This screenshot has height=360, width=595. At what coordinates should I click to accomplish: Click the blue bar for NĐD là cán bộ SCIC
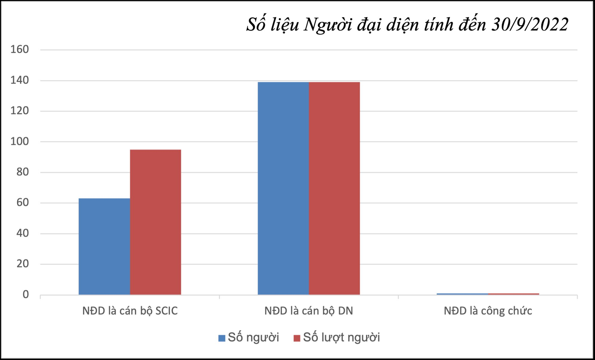tap(104, 246)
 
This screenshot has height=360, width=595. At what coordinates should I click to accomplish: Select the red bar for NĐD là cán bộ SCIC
tap(155, 222)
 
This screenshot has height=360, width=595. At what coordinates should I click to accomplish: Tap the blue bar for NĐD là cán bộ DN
tap(283, 188)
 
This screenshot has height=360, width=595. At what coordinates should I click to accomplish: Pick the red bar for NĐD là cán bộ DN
tap(334, 188)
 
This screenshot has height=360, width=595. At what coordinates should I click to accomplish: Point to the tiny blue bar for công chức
tap(462, 294)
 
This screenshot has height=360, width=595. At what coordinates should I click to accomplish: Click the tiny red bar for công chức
tap(513, 294)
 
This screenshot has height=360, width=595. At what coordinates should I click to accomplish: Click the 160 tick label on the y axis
tap(20, 49)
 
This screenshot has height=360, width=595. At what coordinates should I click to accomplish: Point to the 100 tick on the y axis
tap(20, 141)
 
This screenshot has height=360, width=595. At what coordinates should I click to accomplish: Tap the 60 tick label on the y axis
tap(22, 202)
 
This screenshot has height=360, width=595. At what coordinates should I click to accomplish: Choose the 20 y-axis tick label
tap(22, 264)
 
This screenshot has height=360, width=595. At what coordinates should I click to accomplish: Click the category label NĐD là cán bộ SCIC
tap(130, 311)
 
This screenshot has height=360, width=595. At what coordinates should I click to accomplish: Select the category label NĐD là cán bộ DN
tap(309, 311)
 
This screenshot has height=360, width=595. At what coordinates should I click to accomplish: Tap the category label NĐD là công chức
tap(488, 311)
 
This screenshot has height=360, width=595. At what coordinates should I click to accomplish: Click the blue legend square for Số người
tap(222, 338)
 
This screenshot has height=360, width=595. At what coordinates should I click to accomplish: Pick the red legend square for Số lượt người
tap(297, 338)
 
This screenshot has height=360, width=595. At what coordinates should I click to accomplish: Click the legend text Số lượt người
tap(341, 337)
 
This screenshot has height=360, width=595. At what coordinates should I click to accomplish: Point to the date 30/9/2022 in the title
tap(530, 24)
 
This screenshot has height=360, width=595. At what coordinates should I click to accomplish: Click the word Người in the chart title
tap(328, 24)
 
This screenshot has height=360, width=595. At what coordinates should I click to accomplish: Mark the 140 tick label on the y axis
tap(20, 80)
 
